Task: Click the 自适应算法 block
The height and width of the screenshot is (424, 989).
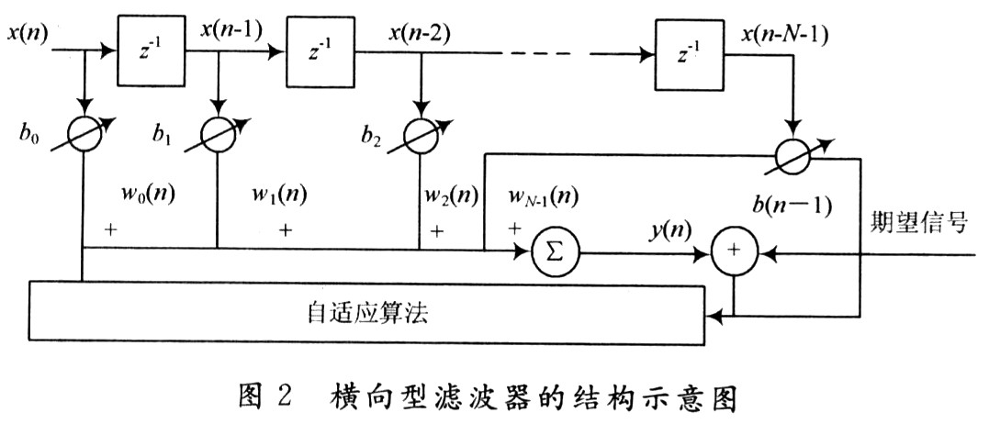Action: click(x=367, y=313)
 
